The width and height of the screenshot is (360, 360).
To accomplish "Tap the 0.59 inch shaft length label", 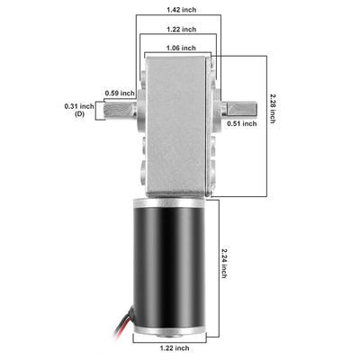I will (x=121, y=93).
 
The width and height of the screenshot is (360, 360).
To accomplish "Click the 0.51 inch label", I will (x=242, y=123).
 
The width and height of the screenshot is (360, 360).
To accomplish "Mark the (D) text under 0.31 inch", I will (x=80, y=115).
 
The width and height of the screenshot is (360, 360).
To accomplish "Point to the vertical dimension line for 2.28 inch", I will (x=267, y=126).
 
